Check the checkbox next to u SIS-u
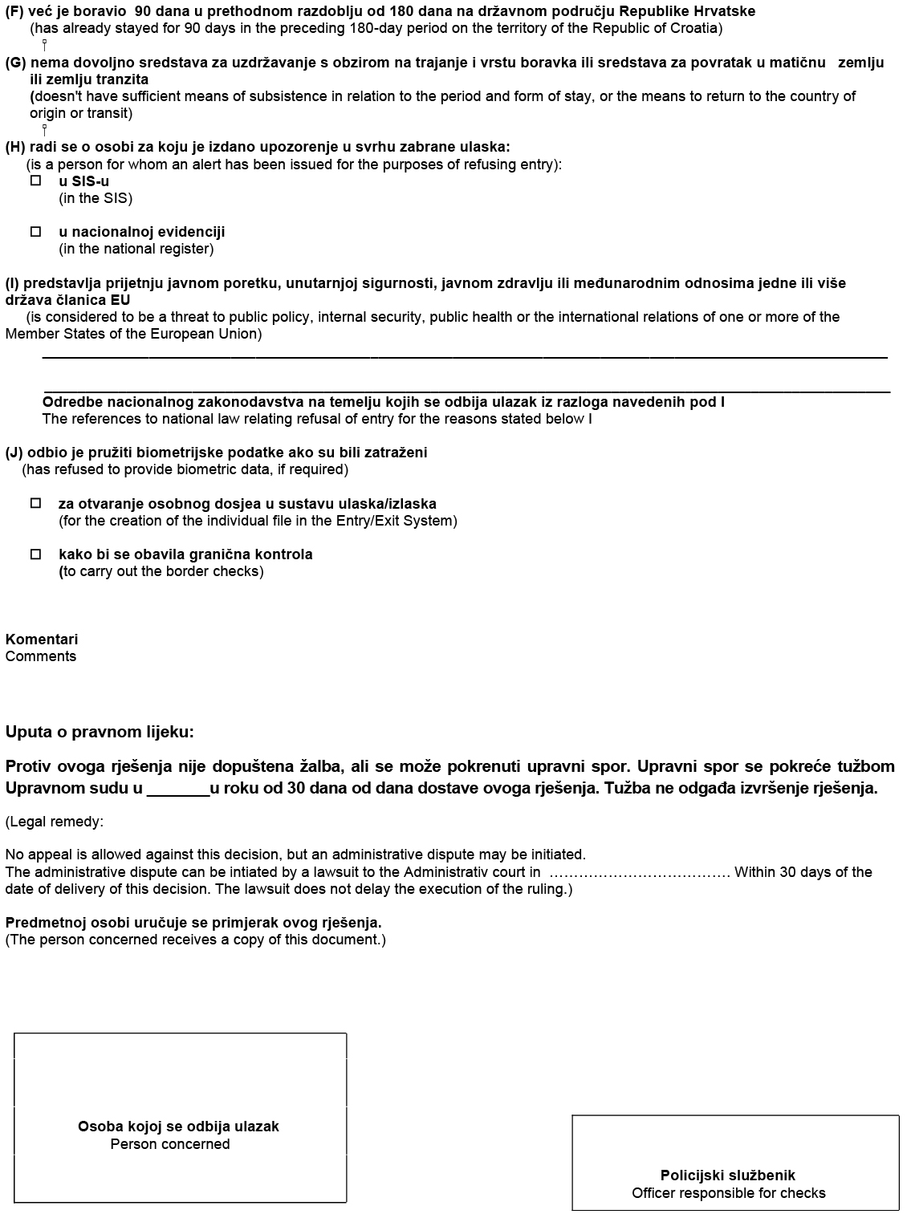35,181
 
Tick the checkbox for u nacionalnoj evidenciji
35,232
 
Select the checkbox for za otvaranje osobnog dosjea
35,504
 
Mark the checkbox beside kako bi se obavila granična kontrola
35,554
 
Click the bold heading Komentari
42,639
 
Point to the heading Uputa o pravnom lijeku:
100,732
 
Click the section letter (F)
14,11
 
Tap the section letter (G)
15,63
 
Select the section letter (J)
14,453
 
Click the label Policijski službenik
728,1175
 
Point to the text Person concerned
170,1144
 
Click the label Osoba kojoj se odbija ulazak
178,1127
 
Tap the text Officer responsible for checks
728,1193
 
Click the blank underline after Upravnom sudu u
178,790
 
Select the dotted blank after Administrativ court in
639,873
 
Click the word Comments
41,656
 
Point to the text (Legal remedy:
55,822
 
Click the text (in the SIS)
96,198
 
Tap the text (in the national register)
136,249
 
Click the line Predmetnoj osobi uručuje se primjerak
193,923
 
